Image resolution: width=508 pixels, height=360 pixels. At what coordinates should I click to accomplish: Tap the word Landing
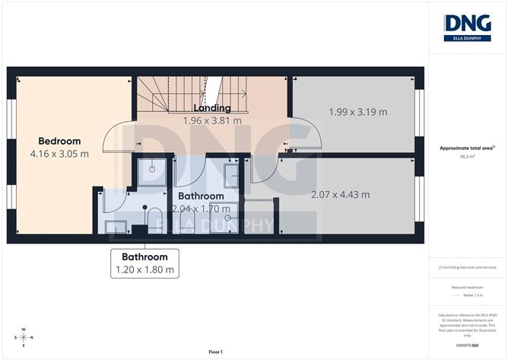(212, 108)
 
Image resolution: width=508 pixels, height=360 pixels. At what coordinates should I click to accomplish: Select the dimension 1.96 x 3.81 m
(212, 120)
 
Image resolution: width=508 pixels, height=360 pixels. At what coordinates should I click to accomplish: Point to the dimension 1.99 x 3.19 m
(357, 112)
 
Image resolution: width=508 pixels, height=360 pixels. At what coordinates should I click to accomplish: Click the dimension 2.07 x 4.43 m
(340, 194)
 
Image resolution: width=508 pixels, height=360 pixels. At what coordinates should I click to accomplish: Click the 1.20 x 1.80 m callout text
(144, 269)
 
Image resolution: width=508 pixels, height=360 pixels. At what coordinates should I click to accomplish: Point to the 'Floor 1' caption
(219, 352)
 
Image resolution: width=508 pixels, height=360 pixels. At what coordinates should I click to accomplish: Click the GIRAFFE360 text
(467, 345)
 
